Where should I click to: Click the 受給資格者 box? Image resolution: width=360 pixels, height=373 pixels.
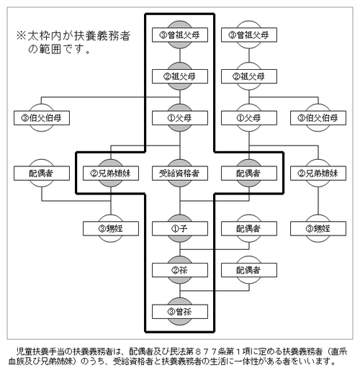pyautogui.click(x=180, y=173)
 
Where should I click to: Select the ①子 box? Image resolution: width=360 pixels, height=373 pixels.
pyautogui.click(x=180, y=228)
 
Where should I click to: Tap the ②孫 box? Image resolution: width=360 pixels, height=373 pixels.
pyautogui.click(x=180, y=270)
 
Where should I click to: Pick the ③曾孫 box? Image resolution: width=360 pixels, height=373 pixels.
pyautogui.click(x=180, y=312)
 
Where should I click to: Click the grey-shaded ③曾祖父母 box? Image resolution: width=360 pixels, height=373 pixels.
pyautogui.click(x=180, y=35)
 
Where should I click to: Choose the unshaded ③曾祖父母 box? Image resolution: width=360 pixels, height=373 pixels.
pyautogui.click(x=249, y=35)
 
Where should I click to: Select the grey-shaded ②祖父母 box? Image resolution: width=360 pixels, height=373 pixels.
pyautogui.click(x=180, y=76)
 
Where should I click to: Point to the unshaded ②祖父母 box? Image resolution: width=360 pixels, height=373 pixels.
pyautogui.click(x=249, y=76)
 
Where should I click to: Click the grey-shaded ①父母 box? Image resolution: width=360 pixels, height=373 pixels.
pyautogui.click(x=180, y=118)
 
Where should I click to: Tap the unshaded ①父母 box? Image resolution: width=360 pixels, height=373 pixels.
pyautogui.click(x=249, y=118)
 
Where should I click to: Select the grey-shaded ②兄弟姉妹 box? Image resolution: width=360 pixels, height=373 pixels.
pyautogui.click(x=111, y=173)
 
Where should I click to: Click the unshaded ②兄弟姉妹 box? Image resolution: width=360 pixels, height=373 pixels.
pyautogui.click(x=318, y=173)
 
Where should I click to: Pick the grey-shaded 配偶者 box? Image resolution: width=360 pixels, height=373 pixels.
pyautogui.click(x=249, y=173)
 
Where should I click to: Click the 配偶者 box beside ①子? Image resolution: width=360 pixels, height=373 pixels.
pyautogui.click(x=249, y=228)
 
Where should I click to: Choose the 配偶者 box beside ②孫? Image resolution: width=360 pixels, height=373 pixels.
pyautogui.click(x=249, y=270)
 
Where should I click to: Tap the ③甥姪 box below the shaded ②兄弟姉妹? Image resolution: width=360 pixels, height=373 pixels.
pyautogui.click(x=111, y=228)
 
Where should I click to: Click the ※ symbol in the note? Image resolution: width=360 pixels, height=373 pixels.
pyautogui.click(x=21, y=36)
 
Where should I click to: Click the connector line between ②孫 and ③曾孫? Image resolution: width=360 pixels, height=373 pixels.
pyautogui.click(x=180, y=291)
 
